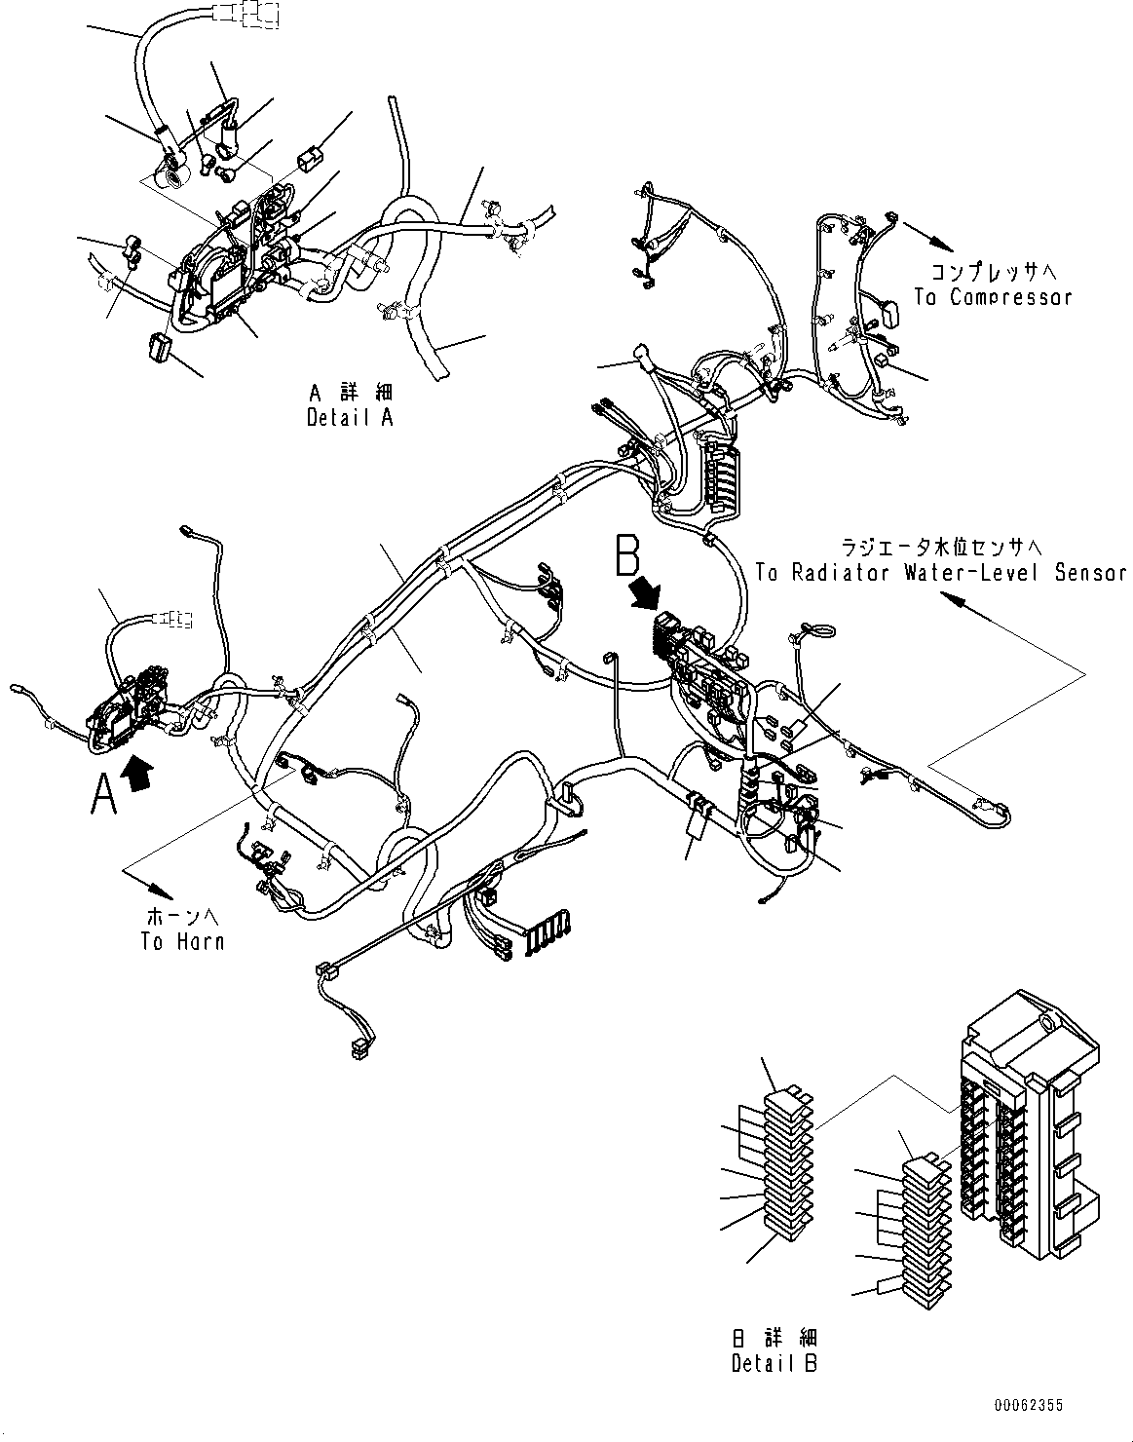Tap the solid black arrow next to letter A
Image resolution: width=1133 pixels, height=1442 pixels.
(x=139, y=776)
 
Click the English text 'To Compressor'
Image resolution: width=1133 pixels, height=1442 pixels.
(x=993, y=297)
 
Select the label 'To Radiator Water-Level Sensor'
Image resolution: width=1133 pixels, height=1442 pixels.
(x=940, y=573)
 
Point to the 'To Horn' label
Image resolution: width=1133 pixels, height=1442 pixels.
(x=182, y=941)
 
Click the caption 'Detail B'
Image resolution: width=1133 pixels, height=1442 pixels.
(x=774, y=1363)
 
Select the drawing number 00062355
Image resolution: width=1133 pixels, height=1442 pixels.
(x=1029, y=1406)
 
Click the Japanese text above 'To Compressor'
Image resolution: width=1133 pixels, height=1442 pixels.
(x=993, y=272)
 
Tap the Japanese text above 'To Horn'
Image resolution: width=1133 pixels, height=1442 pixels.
(x=182, y=917)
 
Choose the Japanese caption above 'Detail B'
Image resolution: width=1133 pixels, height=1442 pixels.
(x=774, y=1338)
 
